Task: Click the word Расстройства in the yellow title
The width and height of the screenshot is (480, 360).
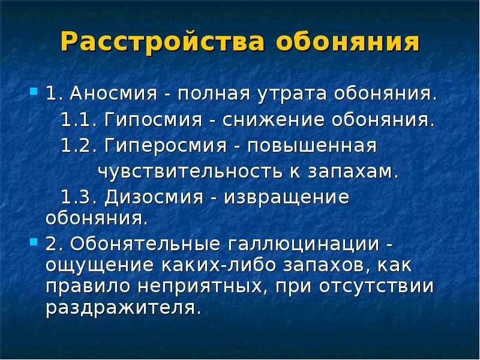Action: (163, 41)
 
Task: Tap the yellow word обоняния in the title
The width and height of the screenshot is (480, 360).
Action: (347, 41)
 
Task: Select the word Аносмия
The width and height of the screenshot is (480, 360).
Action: (113, 94)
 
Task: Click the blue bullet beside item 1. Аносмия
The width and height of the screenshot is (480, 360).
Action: (34, 91)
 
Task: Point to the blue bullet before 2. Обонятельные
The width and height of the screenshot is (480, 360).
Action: (34, 242)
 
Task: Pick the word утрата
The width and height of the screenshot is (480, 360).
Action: (292, 94)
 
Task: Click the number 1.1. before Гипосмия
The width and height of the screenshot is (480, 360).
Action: (79, 119)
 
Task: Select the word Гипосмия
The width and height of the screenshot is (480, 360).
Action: (154, 119)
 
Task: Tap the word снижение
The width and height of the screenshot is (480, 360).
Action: (273, 119)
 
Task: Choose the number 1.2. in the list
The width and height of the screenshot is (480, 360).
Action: (79, 145)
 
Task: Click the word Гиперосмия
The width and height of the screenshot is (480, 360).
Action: (166, 146)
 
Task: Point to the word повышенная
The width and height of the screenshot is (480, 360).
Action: (312, 146)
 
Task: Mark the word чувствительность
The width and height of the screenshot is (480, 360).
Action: (190, 172)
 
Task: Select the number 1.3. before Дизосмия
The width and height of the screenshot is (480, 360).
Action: (79, 197)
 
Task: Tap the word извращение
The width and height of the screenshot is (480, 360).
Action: (286, 198)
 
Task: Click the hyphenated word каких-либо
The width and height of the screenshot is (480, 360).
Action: (218, 265)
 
